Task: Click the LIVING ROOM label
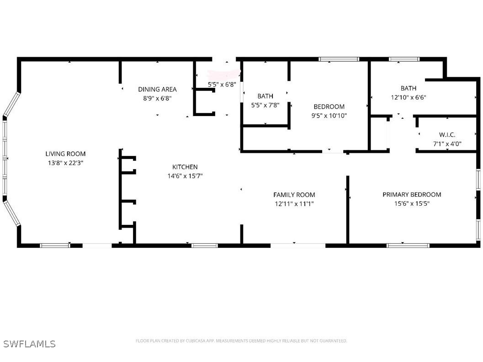tap(65, 154)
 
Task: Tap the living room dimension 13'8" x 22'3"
tap(65, 163)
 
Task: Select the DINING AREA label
tap(157, 90)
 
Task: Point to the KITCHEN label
tap(185, 167)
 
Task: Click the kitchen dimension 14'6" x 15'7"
tap(185, 176)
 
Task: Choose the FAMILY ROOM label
tap(294, 195)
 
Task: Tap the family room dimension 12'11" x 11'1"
tap(294, 204)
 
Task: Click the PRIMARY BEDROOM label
tap(412, 195)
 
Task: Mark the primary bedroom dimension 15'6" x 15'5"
tap(412, 204)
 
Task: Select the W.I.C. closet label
tap(447, 135)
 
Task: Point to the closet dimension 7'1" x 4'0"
tap(447, 144)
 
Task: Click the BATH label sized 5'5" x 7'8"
tap(265, 96)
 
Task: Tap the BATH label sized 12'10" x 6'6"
tap(408, 88)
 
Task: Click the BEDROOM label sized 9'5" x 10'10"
tap(329, 107)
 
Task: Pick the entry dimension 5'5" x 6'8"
tap(222, 85)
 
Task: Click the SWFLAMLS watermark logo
tap(29, 344)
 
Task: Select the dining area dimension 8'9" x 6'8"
tap(157, 98)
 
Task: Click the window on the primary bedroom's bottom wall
tap(408, 245)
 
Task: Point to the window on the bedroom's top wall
tap(339, 59)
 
